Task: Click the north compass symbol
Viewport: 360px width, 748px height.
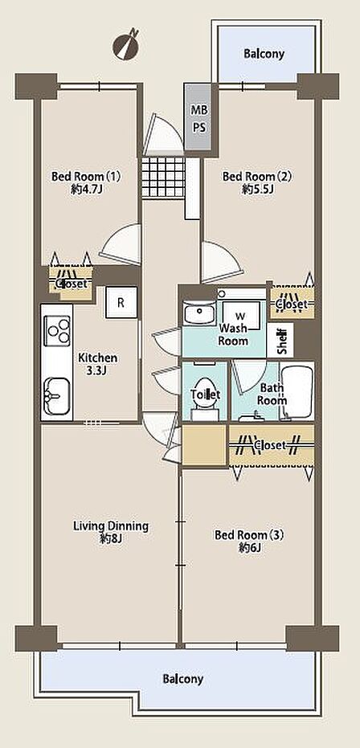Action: pyautogui.click(x=126, y=45)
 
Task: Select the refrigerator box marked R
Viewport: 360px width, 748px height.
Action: pyautogui.click(x=121, y=302)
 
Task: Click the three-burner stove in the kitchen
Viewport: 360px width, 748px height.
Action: pyautogui.click(x=57, y=330)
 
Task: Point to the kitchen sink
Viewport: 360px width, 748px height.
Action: pyautogui.click(x=57, y=396)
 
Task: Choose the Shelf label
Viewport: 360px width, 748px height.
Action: pyautogui.click(x=282, y=340)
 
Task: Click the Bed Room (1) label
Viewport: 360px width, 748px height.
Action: pyautogui.click(x=86, y=177)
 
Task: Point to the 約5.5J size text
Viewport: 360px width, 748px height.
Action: pyautogui.click(x=257, y=190)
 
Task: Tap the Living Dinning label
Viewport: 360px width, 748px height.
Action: pyautogui.click(x=111, y=526)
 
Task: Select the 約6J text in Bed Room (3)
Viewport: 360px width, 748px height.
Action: pyautogui.click(x=249, y=548)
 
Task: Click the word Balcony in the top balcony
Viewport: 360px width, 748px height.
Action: pyautogui.click(x=264, y=53)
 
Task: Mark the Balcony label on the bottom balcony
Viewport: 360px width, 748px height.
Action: pyautogui.click(x=183, y=678)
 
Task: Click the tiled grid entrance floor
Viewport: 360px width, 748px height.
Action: pyautogui.click(x=163, y=177)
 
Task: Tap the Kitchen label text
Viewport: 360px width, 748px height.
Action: pyautogui.click(x=98, y=358)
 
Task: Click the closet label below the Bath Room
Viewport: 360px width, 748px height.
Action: pyautogui.click(x=270, y=445)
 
